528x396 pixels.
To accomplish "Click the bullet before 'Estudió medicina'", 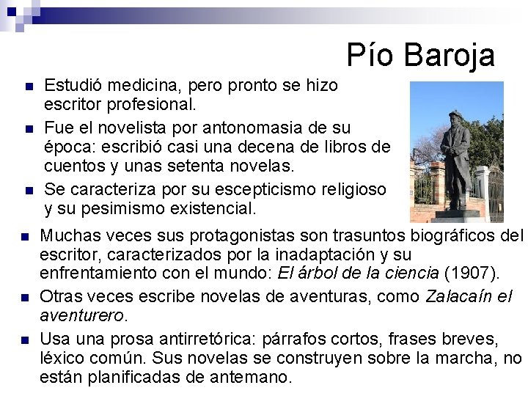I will [x=29, y=87].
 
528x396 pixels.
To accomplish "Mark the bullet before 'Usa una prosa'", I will [x=24, y=341].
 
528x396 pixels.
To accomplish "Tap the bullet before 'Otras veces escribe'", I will [x=24, y=298].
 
